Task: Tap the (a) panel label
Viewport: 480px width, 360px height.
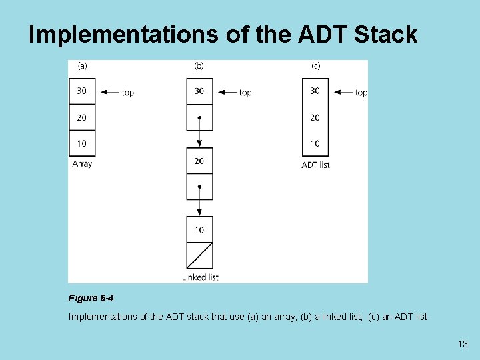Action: click(83, 66)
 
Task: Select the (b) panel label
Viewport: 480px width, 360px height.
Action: click(199, 66)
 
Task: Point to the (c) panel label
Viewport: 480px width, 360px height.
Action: click(315, 66)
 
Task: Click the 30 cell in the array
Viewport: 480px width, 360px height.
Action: click(82, 91)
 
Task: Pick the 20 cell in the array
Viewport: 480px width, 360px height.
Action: click(82, 117)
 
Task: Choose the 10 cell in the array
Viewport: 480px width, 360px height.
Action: click(82, 143)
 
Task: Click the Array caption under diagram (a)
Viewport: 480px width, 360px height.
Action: click(82, 164)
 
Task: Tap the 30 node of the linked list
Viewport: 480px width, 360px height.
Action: click(199, 91)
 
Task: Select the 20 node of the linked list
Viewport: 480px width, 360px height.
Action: click(199, 161)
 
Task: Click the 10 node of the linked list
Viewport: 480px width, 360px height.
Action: click(199, 230)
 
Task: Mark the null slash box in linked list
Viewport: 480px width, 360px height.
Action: click(199, 255)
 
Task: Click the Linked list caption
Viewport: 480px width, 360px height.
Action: click(200, 277)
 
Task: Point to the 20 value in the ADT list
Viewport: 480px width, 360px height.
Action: click(315, 117)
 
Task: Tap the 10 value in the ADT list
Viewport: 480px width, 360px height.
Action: click(315, 143)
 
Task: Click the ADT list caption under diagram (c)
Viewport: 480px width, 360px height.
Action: click(315, 165)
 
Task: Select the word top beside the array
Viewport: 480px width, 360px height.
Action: click(127, 93)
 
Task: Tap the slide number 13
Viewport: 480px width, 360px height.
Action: click(463, 344)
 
